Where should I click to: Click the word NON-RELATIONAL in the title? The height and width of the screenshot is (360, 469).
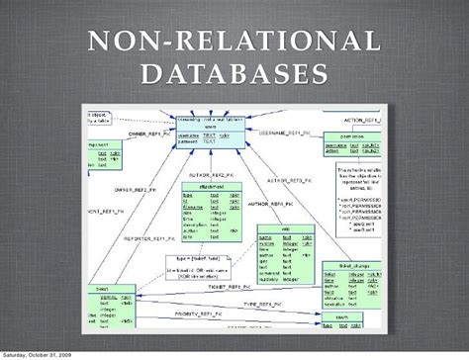(234, 42)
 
